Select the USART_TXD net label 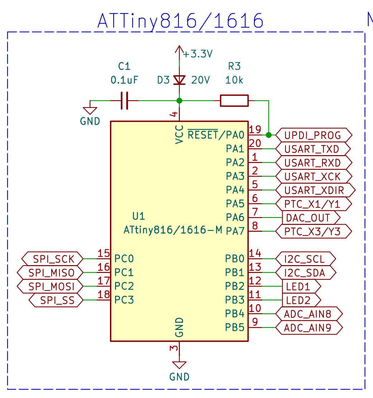pos(313,149)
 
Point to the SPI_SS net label pos(57,300)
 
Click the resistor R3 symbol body pos(234,101)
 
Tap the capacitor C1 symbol pos(124,101)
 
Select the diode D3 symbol pos(179,80)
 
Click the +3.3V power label pos(198,54)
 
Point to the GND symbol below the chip pos(179,365)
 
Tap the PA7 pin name pos(235,231)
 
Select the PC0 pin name pos(124,259)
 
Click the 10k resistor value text pos(234,80)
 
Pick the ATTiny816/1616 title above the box pos(180,21)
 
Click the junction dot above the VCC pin pos(180,101)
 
